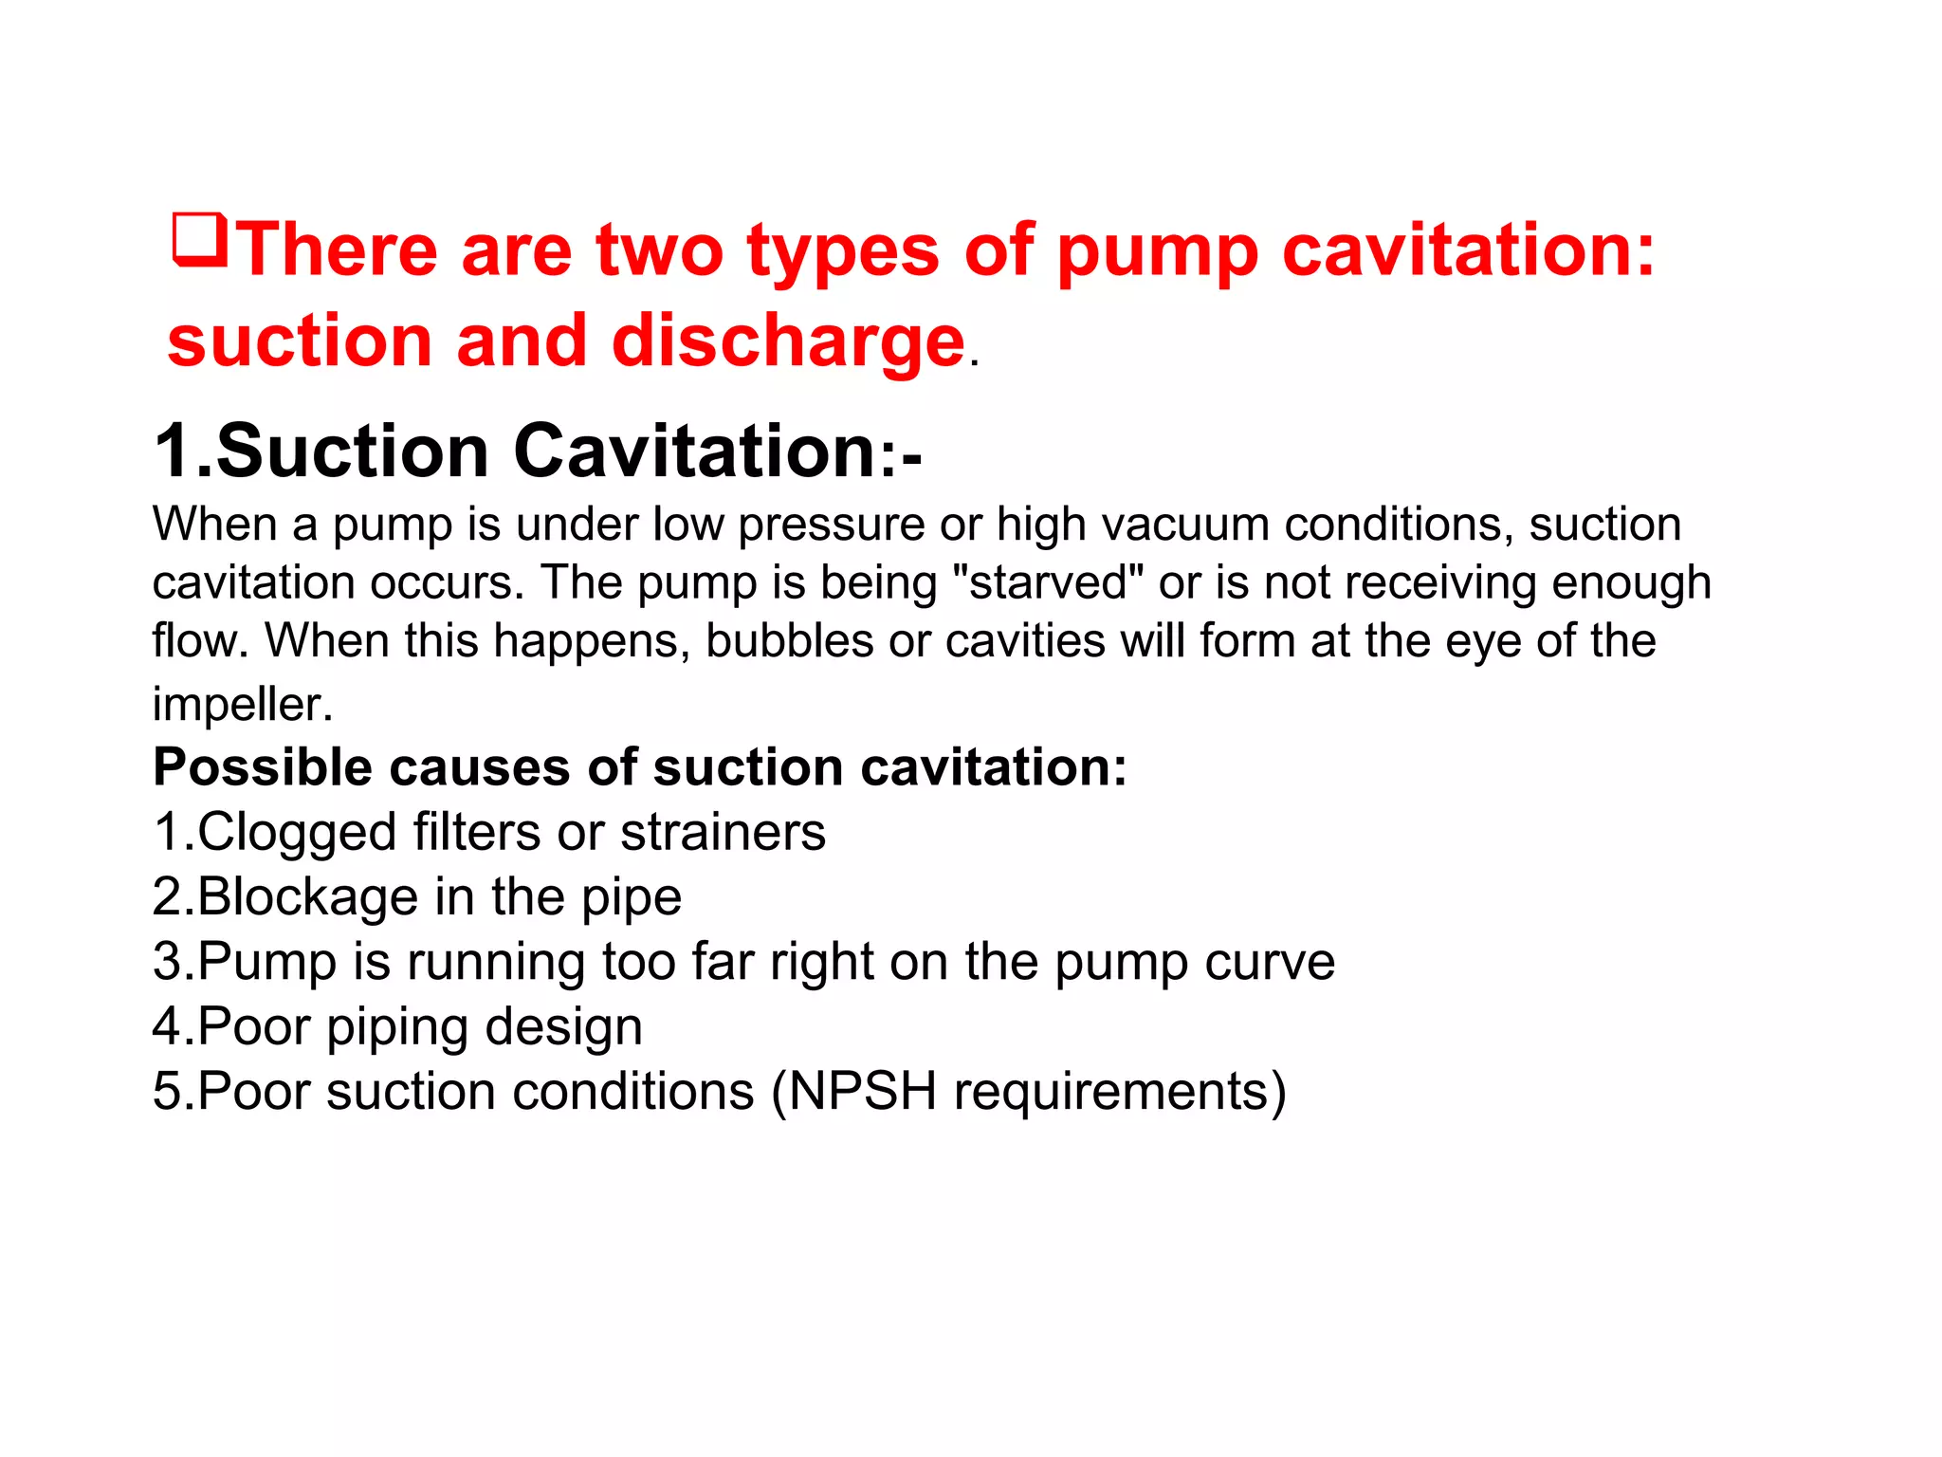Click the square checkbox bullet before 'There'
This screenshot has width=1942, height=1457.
(x=200, y=240)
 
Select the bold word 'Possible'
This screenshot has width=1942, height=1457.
(x=262, y=766)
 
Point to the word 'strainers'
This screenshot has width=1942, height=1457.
(x=723, y=833)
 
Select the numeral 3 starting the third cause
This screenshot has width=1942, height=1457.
(x=166, y=962)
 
